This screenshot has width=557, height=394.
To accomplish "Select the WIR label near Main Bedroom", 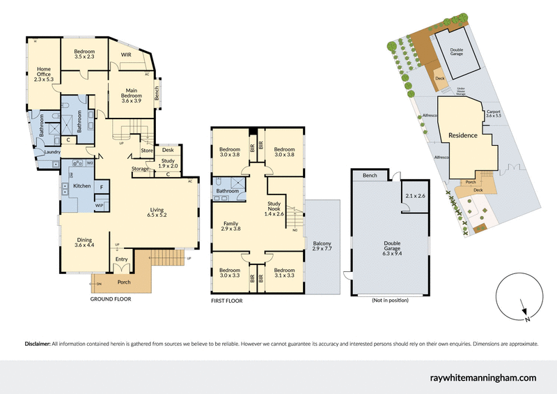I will pos(126,54).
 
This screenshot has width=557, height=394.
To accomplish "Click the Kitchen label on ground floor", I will pos(82,186).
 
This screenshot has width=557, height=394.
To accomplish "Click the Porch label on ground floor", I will pos(123,282).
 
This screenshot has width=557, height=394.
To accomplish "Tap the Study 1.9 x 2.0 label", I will pos(168,162).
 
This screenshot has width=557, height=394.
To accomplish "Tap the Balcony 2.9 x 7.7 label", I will pos(323,245).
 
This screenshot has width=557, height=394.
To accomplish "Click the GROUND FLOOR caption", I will pos(110,298).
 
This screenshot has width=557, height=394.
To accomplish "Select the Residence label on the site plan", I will pos(462,135).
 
